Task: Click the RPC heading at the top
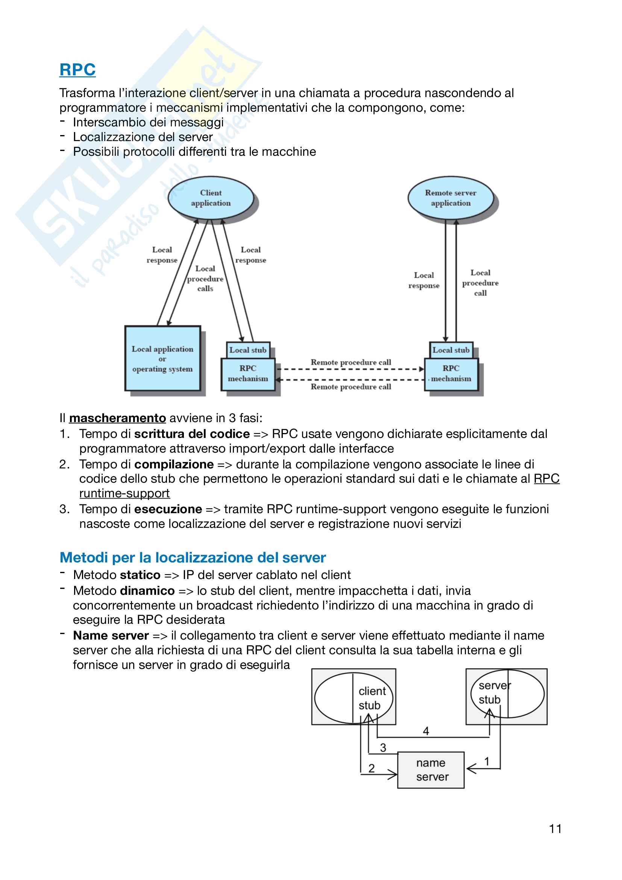click(x=77, y=70)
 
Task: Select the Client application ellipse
click(x=211, y=198)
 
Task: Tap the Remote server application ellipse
click(x=451, y=198)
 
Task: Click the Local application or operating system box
click(x=162, y=359)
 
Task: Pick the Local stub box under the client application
click(x=248, y=350)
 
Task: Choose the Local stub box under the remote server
click(x=451, y=350)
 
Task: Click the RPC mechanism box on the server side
click(x=451, y=374)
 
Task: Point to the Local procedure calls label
click(x=205, y=279)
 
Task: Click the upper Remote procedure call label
click(x=351, y=362)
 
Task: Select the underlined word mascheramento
click(x=118, y=418)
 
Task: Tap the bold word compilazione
click(x=174, y=464)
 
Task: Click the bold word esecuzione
click(x=168, y=509)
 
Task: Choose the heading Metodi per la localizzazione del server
click(x=193, y=557)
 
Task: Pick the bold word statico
click(x=140, y=575)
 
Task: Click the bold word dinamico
click(x=147, y=591)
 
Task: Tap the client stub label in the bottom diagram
click(x=372, y=698)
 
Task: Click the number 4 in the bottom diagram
click(x=426, y=731)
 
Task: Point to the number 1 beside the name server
click(x=487, y=761)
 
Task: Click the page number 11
click(x=555, y=828)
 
